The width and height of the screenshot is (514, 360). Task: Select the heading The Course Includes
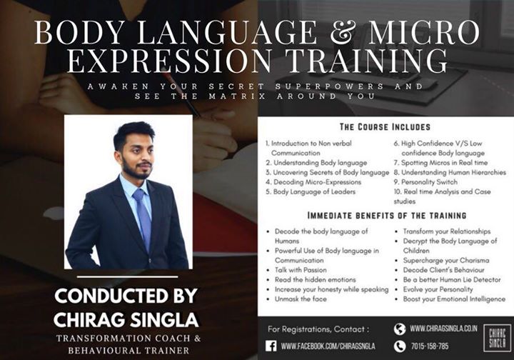(x=385, y=127)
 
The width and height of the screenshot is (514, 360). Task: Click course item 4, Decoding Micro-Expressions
(x=313, y=182)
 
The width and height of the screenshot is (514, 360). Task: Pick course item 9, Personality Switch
(x=425, y=182)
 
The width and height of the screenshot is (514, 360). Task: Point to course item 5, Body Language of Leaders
(x=311, y=191)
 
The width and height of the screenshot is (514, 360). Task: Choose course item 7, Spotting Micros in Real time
(x=441, y=163)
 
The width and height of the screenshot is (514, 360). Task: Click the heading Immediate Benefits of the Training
(x=387, y=216)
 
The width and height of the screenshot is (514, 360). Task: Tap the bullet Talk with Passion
(x=301, y=270)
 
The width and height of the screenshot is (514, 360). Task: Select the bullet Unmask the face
(x=301, y=299)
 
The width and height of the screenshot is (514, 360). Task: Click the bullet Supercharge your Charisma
(x=446, y=261)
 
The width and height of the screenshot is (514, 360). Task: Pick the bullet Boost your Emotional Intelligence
(x=454, y=299)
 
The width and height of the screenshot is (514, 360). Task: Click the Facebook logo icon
(x=271, y=346)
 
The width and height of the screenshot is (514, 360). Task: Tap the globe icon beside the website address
(x=400, y=329)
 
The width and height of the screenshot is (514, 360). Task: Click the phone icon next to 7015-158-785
(x=400, y=346)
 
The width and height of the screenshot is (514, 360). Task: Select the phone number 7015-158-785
(x=430, y=346)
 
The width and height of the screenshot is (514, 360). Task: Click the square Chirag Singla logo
(x=497, y=339)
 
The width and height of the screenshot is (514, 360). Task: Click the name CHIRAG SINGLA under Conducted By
(x=126, y=319)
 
